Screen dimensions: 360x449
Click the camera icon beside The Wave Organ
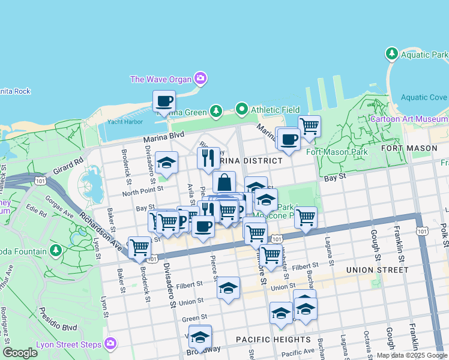[200, 79]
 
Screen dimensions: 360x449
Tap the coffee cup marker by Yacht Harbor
[163, 101]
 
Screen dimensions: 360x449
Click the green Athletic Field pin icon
[242, 109]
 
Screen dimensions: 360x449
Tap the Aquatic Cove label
[424, 97]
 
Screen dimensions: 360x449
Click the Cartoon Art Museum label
[409, 119]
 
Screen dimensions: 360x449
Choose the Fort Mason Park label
[337, 152]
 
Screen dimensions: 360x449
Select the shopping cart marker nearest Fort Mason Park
[309, 127]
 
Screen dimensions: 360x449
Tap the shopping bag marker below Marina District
[224, 182]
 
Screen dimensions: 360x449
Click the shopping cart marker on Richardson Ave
[139, 247]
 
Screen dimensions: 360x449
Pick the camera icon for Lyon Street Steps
[110, 343]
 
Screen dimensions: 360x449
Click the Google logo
[20, 353]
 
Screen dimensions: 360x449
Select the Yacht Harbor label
[124, 122]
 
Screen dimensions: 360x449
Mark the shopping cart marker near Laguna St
[306, 217]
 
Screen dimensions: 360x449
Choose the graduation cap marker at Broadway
[200, 338]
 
